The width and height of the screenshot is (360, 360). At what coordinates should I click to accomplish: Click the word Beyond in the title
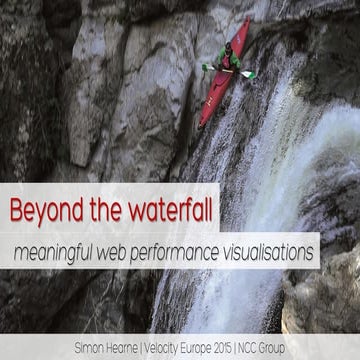44,211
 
